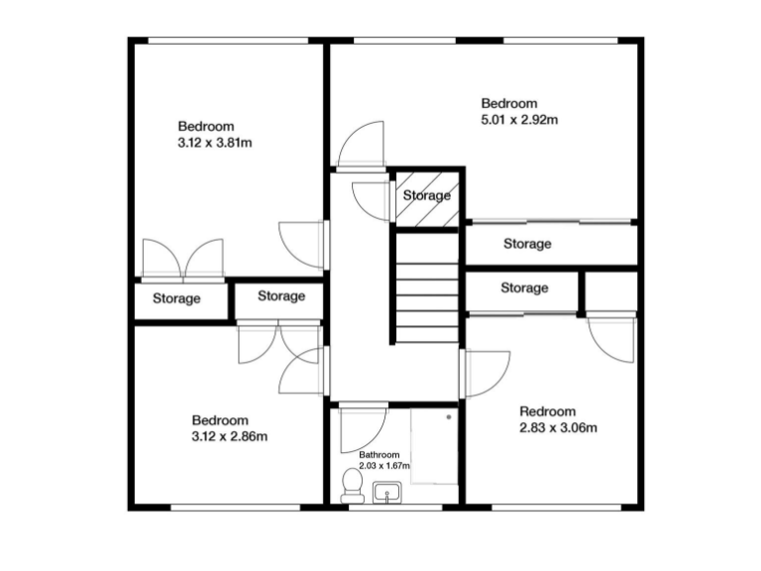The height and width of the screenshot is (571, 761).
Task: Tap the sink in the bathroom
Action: point(385,492)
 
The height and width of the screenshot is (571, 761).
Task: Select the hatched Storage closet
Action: point(427,196)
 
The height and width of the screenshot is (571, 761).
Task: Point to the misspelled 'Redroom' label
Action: point(547,412)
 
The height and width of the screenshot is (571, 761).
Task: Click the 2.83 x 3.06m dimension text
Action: point(558,428)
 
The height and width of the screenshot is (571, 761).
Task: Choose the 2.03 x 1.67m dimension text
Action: point(384,466)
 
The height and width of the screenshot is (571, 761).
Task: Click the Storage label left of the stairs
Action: point(281,296)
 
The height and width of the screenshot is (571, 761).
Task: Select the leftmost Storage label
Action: point(176,298)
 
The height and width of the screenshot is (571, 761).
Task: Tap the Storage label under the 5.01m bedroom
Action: point(527,244)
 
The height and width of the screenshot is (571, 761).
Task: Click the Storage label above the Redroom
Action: point(524,288)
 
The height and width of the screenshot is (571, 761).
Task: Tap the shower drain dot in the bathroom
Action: point(449,419)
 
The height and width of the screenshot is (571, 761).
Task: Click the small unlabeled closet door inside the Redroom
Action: point(610,340)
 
